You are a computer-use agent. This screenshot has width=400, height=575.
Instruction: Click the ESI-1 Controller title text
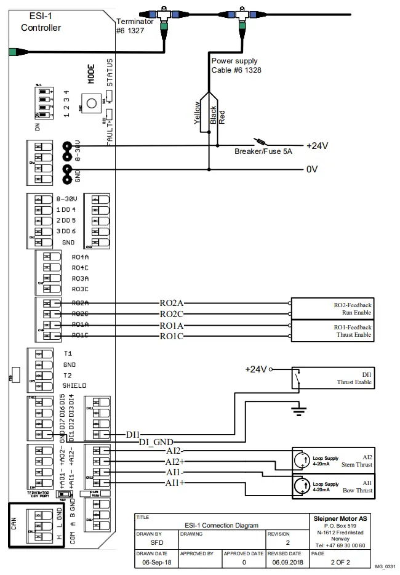tap(41, 22)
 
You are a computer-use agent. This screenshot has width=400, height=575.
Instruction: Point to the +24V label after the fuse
tap(317, 145)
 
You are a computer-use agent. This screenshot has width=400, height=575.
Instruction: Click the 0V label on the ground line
tap(311, 169)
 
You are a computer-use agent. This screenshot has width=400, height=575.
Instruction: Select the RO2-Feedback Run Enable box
tap(332, 308)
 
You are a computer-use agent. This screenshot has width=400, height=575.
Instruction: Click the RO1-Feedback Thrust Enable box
tap(332, 331)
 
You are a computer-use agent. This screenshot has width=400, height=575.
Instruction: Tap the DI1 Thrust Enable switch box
tap(333, 377)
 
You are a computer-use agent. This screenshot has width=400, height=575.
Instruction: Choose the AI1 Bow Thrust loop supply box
tap(332, 486)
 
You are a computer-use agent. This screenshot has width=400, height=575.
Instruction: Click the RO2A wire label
tap(172, 303)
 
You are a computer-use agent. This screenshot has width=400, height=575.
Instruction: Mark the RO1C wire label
tap(172, 336)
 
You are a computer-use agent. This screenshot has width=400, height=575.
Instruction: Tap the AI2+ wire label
tap(175, 461)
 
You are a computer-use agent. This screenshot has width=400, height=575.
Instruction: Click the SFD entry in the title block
tap(157, 544)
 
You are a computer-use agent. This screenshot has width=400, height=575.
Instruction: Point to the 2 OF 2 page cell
tap(340, 563)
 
